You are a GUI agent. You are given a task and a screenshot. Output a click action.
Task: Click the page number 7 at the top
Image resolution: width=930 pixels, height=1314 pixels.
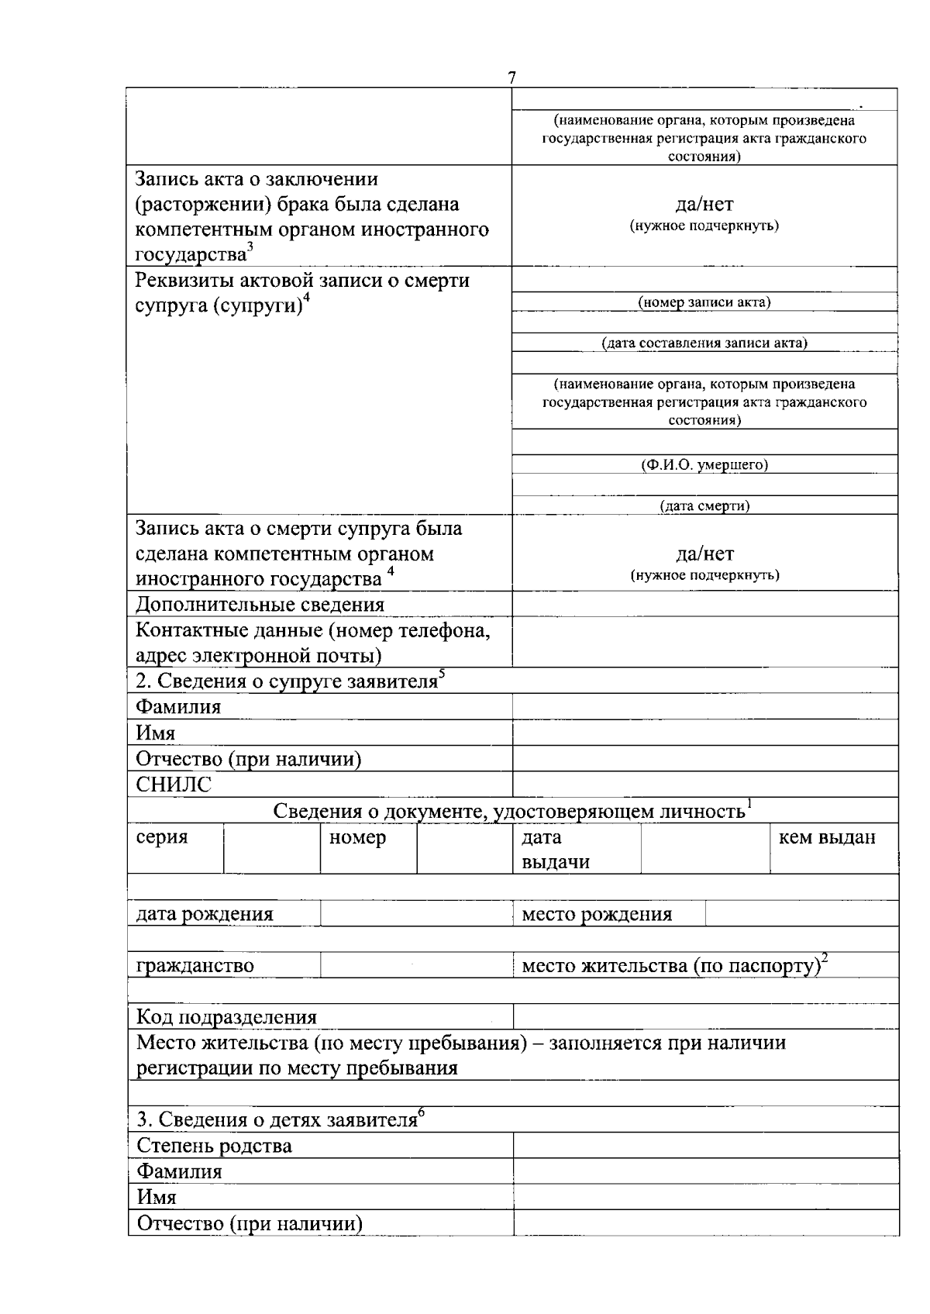(511, 78)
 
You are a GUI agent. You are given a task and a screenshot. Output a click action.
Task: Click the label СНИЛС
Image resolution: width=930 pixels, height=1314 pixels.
(174, 785)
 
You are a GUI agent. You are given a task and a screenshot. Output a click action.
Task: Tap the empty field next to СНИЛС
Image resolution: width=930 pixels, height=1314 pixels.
(704, 785)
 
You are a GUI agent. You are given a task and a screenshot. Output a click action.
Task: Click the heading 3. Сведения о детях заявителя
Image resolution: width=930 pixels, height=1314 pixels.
(281, 1119)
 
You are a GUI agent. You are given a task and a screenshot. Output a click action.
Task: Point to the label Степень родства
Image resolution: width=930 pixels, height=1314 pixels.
(215, 1145)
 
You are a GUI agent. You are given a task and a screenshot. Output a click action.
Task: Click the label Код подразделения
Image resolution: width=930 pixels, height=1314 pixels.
(226, 1016)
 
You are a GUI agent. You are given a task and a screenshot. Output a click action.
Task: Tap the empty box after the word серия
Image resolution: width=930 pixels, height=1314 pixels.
(271, 849)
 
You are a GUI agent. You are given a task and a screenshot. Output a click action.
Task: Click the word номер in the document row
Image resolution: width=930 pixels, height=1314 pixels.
(357, 837)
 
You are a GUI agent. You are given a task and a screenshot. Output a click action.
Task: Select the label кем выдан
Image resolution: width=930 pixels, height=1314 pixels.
(827, 837)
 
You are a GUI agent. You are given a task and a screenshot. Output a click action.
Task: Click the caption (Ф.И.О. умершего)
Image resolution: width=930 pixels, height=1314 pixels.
(704, 464)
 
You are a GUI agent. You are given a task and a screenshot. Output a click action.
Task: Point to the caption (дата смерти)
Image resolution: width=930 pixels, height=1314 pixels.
(704, 506)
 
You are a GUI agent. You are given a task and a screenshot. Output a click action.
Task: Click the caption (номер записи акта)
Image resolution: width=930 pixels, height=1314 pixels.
(704, 302)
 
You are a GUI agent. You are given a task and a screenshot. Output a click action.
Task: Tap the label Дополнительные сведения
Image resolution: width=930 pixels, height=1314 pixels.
(260, 604)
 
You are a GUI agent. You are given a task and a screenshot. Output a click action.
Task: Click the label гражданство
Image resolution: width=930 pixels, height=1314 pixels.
(195, 965)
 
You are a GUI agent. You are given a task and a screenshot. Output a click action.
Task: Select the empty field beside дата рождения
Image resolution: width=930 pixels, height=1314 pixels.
(415, 914)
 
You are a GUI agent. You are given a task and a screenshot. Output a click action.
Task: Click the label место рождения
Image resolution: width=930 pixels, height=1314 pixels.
(597, 914)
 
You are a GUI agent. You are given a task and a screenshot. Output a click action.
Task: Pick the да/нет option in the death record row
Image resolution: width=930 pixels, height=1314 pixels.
(704, 554)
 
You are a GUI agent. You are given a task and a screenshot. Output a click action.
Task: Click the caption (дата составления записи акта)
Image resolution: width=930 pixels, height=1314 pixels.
(704, 343)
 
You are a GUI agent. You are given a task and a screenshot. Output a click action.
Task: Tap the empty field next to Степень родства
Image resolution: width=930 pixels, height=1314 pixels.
(704, 1145)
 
